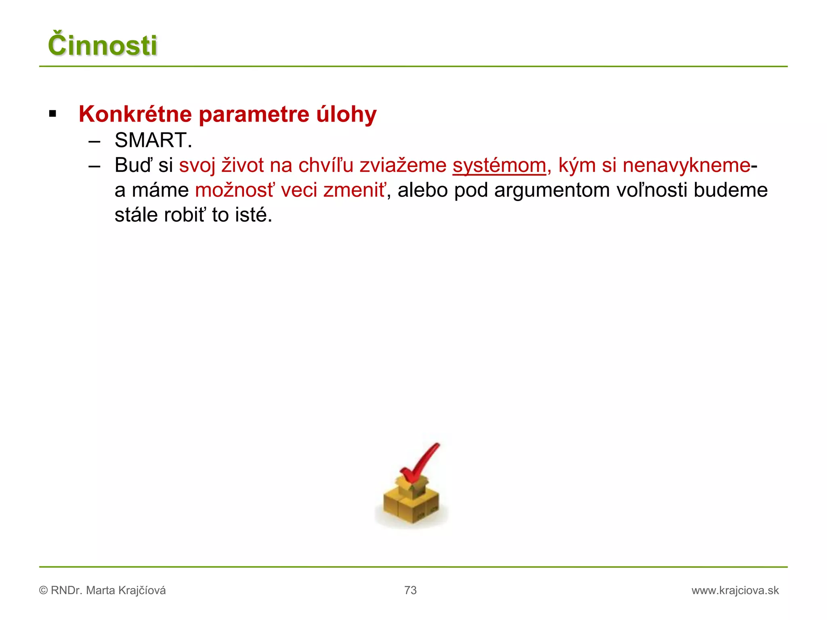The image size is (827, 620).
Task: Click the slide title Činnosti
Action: point(103,45)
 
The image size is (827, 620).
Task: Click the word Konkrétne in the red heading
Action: point(135,114)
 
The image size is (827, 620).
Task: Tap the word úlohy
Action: point(346,114)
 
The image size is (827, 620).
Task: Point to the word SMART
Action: point(151,140)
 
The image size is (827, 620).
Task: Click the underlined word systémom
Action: point(499,166)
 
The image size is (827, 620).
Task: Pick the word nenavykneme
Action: point(686,165)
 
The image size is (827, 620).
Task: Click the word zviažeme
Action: point(403,165)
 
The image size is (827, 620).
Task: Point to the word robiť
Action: point(185,215)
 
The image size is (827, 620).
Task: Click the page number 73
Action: point(410,591)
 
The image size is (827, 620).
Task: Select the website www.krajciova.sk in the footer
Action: point(735,591)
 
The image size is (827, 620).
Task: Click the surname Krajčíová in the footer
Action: point(141,591)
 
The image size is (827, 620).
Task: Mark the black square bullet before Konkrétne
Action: point(52,114)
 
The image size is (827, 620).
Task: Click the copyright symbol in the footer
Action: point(43,591)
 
